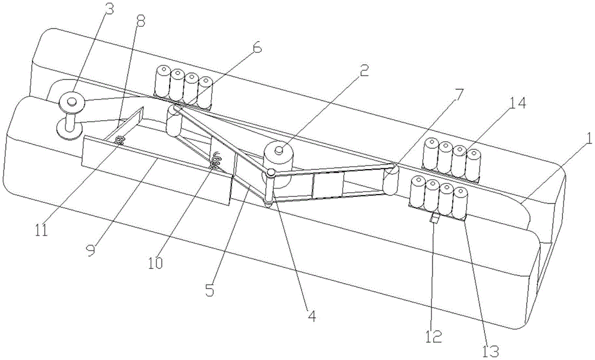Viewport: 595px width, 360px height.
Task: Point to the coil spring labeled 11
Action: point(120,141)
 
